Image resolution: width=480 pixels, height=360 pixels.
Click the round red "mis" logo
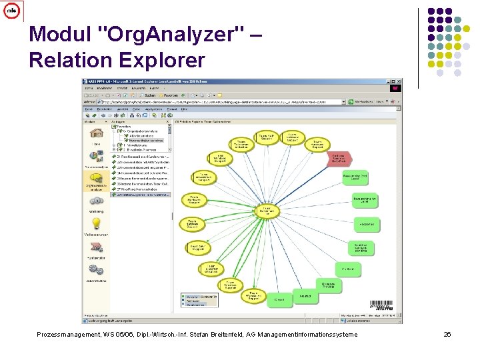pyautogui.click(x=11, y=11)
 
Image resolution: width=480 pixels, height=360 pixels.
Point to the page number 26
pyautogui.click(x=447, y=334)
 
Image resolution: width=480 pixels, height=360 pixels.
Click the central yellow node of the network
pyautogui.click(x=267, y=211)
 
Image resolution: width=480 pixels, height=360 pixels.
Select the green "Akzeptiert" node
pyautogui.click(x=365, y=224)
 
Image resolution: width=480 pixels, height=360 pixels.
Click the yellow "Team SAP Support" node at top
pyautogui.click(x=266, y=137)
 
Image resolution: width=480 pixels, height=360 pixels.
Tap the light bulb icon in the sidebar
pyautogui.click(x=96, y=224)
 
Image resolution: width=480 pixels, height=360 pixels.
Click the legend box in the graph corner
pyautogui.click(x=199, y=299)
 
